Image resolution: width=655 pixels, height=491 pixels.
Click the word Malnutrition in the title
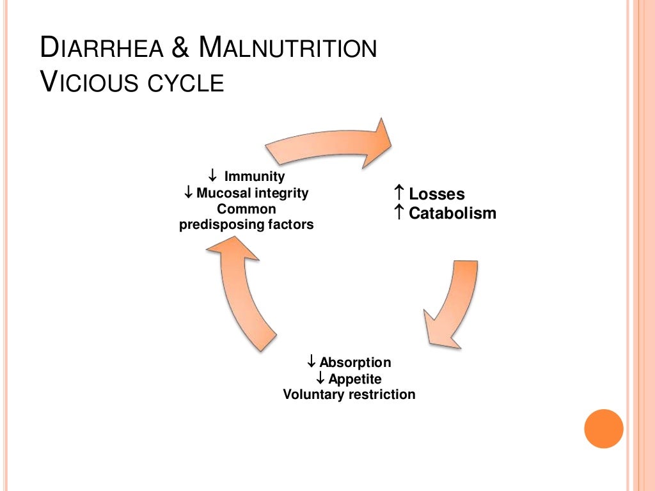[x=287, y=49]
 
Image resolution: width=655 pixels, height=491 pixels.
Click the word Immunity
[x=255, y=176]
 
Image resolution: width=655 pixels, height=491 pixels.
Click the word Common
[x=246, y=209]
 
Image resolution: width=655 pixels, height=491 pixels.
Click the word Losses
[x=437, y=194]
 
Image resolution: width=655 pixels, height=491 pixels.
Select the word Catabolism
[x=452, y=214]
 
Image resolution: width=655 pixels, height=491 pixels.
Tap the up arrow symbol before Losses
[x=399, y=192]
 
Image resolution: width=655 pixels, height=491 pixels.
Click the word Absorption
[x=355, y=362]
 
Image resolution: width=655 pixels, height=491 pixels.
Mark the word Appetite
[x=355, y=378]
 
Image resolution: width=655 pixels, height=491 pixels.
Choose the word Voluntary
[x=314, y=394]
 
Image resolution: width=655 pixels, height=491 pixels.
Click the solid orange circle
[x=603, y=428]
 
